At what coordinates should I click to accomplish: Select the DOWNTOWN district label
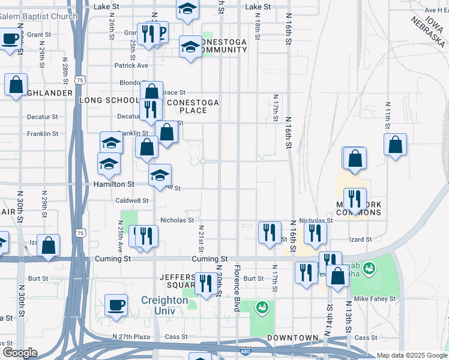click(x=292, y=338)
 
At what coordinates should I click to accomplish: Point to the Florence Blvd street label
click(x=237, y=288)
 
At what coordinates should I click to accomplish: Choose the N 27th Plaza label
click(x=131, y=337)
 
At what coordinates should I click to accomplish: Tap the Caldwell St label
click(x=131, y=200)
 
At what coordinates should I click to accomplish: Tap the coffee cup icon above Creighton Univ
click(x=116, y=305)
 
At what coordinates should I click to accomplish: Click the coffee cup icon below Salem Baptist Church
click(x=10, y=40)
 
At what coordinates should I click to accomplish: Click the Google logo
click(x=20, y=353)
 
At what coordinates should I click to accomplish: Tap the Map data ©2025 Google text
click(x=411, y=355)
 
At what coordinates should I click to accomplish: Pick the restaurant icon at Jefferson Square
click(x=206, y=283)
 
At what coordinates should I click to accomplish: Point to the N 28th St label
click(x=65, y=70)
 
